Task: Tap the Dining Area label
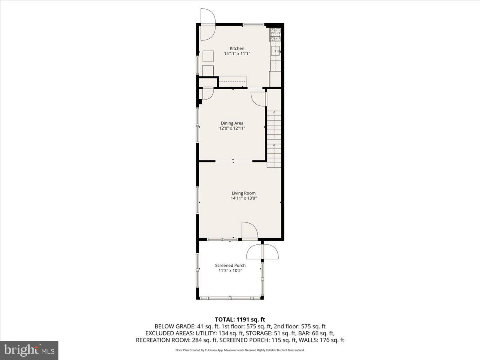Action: point(232,123)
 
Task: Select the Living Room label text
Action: point(244,193)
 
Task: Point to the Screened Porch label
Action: point(230,266)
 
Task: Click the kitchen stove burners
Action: point(275,35)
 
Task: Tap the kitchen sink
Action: point(276,51)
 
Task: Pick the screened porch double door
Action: point(262,252)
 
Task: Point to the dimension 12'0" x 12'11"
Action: point(232,128)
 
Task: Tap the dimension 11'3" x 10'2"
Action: point(230,271)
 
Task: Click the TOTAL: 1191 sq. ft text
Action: point(240,319)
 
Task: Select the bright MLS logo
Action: point(29,350)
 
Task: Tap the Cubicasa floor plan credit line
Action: point(240,350)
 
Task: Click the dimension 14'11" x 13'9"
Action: point(244,198)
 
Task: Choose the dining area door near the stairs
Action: point(259,99)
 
